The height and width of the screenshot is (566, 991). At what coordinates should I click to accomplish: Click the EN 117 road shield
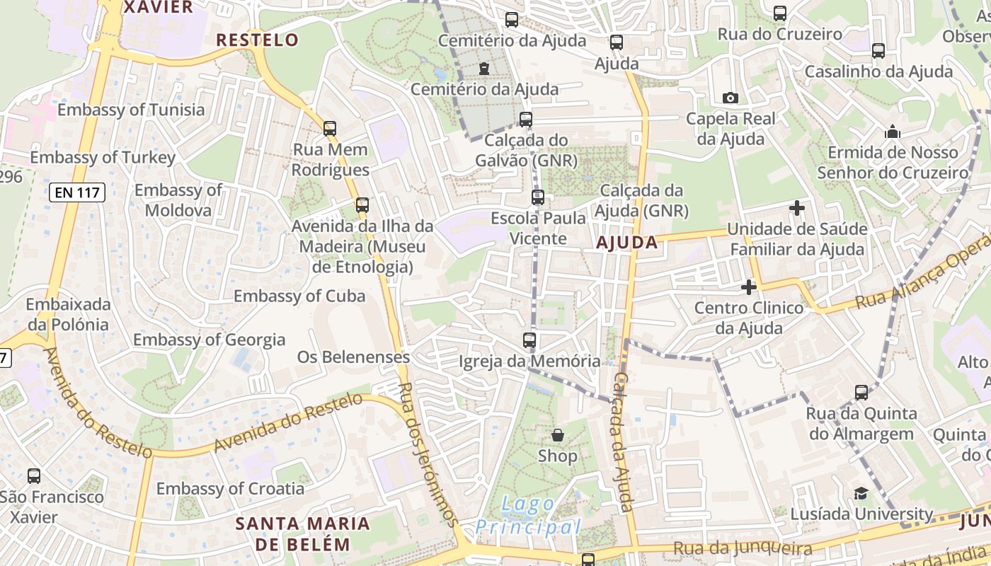tap(78, 192)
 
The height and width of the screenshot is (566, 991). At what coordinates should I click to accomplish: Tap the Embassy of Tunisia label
tap(131, 110)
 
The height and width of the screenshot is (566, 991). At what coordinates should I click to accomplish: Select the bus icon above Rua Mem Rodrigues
tap(330, 129)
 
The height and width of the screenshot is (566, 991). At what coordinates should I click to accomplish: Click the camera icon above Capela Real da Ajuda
tap(731, 98)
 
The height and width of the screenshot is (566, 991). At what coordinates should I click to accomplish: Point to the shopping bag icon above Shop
tap(558, 434)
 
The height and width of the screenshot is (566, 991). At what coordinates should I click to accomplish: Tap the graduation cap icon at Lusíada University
tap(861, 493)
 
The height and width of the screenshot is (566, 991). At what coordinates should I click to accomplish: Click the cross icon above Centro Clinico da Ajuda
tap(749, 287)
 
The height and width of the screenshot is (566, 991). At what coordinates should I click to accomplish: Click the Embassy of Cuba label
tap(299, 296)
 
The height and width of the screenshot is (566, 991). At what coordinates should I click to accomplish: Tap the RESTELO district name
tap(258, 40)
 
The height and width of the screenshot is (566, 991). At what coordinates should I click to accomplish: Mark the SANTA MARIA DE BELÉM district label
tap(302, 534)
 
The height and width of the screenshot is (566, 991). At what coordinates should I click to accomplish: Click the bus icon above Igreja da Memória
tap(529, 340)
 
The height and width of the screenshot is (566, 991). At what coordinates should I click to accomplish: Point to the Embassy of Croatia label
tap(230, 488)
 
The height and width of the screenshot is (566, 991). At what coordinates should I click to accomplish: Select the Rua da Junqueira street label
tap(743, 548)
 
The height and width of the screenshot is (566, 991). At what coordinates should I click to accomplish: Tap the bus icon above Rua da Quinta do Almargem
tap(861, 393)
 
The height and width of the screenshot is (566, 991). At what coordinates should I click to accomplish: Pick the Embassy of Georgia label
tap(210, 340)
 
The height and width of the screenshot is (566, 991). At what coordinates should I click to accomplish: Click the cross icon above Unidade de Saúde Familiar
tap(797, 208)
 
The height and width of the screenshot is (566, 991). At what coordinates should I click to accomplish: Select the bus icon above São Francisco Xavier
tap(33, 476)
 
